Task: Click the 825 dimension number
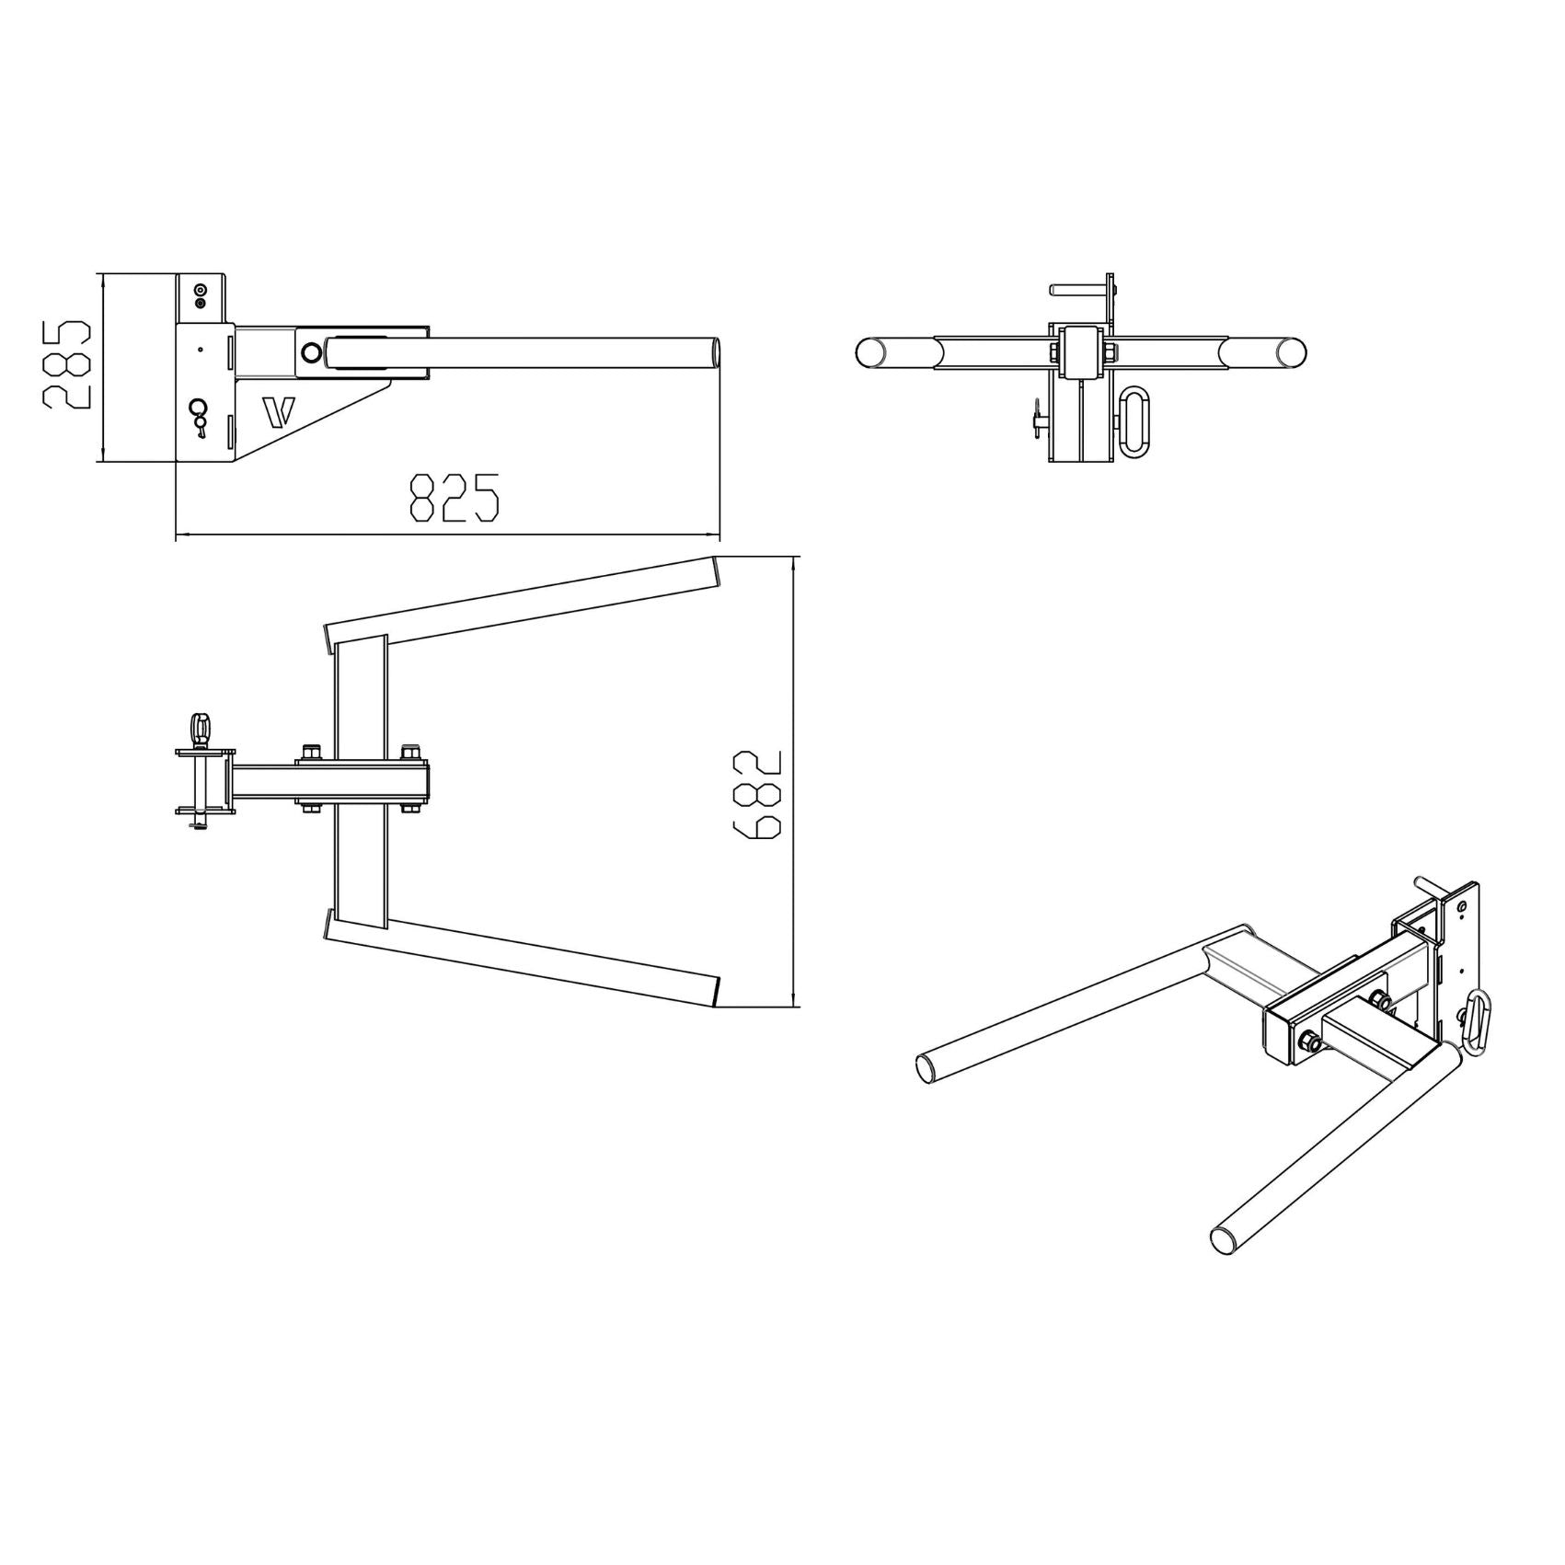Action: click(454, 499)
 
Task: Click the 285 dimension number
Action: click(66, 364)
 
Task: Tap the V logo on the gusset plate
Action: click(276, 412)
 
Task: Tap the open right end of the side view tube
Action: click(715, 352)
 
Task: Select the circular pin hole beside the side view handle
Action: click(312, 352)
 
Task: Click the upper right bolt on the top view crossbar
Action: click(410, 750)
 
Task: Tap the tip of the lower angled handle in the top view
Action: click(715, 990)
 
